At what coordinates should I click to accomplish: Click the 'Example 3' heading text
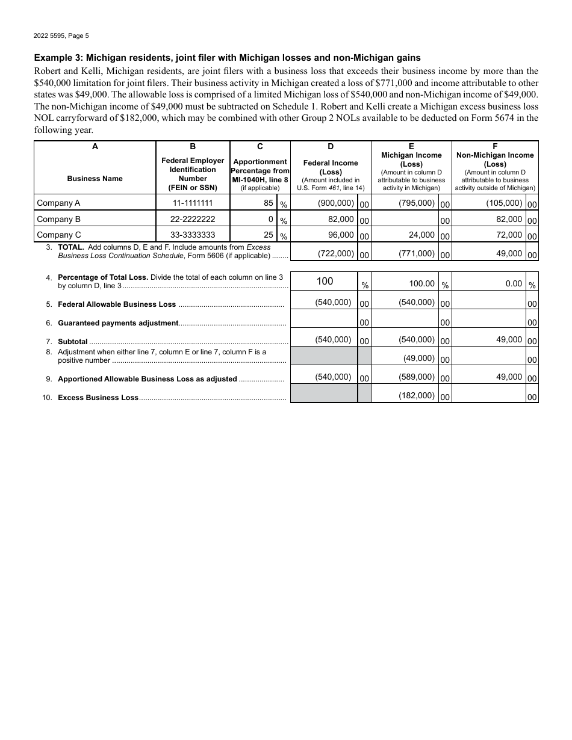click(227, 58)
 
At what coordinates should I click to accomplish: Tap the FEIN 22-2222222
click(193, 219)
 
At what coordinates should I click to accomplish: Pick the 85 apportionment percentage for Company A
click(268, 203)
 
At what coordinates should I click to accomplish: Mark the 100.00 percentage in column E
click(421, 283)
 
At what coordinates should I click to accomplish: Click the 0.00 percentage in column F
click(514, 283)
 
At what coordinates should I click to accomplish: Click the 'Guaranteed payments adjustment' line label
click(118, 323)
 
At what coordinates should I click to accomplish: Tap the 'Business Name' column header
click(95, 179)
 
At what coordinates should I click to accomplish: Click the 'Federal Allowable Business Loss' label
click(117, 304)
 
